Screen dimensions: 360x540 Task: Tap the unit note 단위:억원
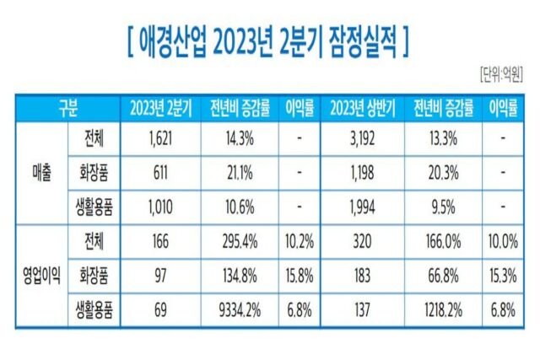tap(502, 71)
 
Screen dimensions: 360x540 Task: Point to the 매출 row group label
tap(40, 172)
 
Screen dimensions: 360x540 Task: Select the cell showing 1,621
tap(162, 139)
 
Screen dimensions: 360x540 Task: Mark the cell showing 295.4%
tap(237, 239)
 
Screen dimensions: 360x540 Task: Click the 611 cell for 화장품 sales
tap(162, 172)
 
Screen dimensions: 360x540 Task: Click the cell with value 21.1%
tap(237, 172)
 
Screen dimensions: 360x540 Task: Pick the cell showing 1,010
tap(162, 206)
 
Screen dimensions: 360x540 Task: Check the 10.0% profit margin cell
tap(503, 239)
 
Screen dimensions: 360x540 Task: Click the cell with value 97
tap(162, 273)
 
